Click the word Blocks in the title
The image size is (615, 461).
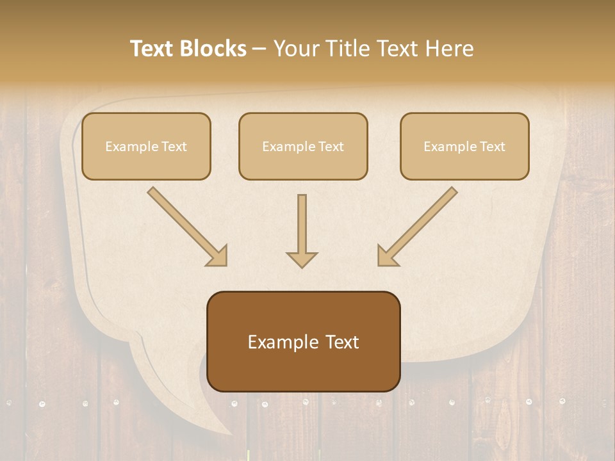tap(215, 49)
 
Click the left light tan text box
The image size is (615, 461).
tap(146, 146)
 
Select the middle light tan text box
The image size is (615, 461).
tap(303, 146)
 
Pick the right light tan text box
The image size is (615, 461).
tap(464, 146)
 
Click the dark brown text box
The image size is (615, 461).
tap(303, 341)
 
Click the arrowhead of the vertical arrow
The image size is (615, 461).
tap(302, 259)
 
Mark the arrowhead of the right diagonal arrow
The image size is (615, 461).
tap(387, 255)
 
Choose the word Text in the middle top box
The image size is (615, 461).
tap(330, 147)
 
